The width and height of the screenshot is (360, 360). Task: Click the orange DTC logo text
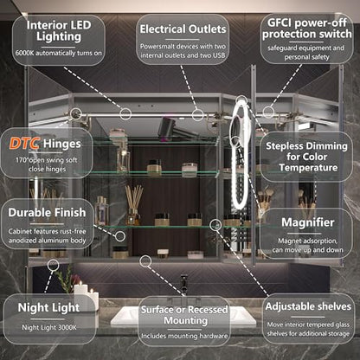pyautogui.click(x=24, y=144)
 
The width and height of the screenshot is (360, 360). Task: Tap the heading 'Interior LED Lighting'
pyautogui.click(x=59, y=31)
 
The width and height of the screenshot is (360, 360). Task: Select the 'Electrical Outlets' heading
pyautogui.click(x=183, y=29)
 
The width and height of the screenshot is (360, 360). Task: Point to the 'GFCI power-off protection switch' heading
pyautogui.click(x=307, y=29)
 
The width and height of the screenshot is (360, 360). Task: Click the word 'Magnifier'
pyautogui.click(x=308, y=222)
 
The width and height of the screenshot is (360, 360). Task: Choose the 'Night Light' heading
pyautogui.click(x=48, y=308)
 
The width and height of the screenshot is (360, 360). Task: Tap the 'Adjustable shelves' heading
pyautogui.click(x=308, y=306)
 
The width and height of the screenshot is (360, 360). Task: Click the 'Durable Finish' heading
pyautogui.click(x=47, y=213)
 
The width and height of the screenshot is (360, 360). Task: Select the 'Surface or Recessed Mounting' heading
pyautogui.click(x=184, y=315)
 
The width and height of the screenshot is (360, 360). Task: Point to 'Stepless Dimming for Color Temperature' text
pyautogui.click(x=307, y=157)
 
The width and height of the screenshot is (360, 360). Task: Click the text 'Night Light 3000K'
pyautogui.click(x=49, y=328)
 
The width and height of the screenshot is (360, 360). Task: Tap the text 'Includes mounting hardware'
pyautogui.click(x=184, y=336)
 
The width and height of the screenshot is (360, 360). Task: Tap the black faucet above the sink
pyautogui.click(x=183, y=285)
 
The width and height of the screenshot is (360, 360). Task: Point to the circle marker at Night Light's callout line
pyautogui.click(x=53, y=265)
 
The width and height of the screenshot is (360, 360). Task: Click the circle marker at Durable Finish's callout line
pyautogui.click(x=120, y=236)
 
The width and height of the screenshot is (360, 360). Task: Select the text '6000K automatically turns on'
pyautogui.click(x=59, y=53)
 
